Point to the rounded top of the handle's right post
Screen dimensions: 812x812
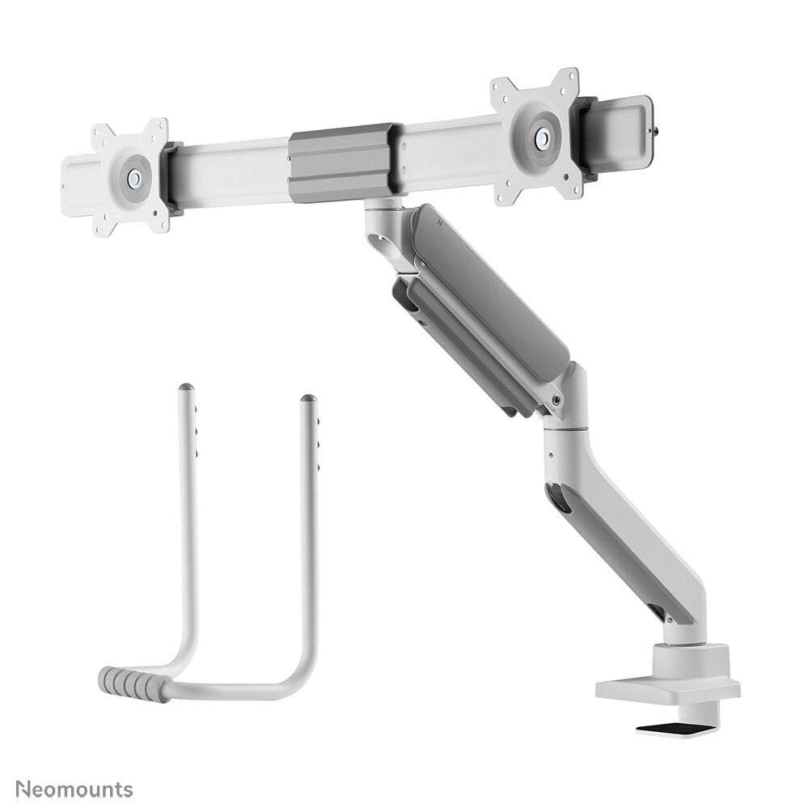tap(308, 400)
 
